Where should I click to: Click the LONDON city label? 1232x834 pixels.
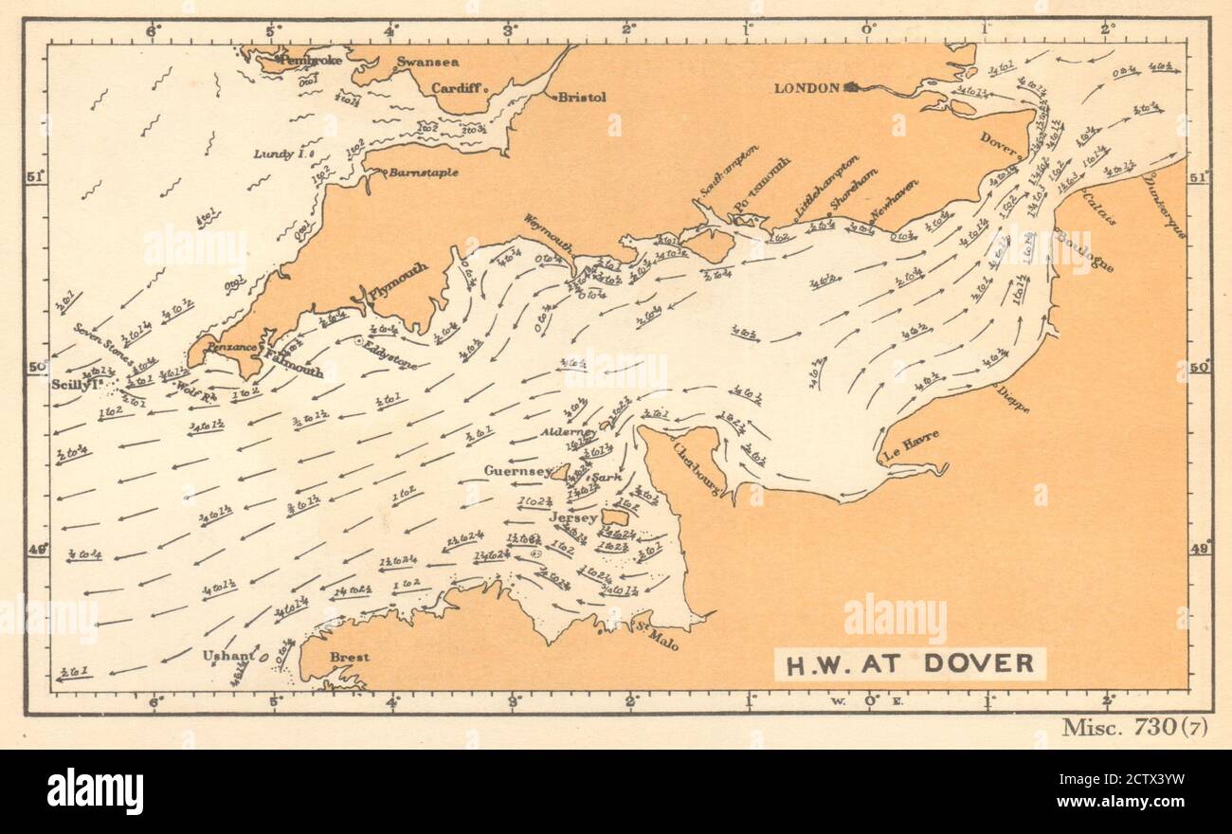[x=806, y=88]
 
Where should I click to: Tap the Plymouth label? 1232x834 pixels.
[x=396, y=283]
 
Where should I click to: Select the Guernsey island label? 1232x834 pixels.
[x=517, y=471]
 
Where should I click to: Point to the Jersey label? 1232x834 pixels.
[x=573, y=518]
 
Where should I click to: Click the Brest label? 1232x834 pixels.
[x=349, y=657]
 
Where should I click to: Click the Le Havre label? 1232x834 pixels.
[x=911, y=446]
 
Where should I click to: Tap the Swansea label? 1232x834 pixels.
[x=427, y=63]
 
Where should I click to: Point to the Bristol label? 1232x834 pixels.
[x=582, y=97]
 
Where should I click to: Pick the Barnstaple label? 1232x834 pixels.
[x=424, y=173]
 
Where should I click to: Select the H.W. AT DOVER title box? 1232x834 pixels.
[x=910, y=662]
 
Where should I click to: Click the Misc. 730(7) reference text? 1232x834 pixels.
[x=1134, y=727]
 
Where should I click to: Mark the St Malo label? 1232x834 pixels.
[x=657, y=638]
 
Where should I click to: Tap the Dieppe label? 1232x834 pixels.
[x=1012, y=398]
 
